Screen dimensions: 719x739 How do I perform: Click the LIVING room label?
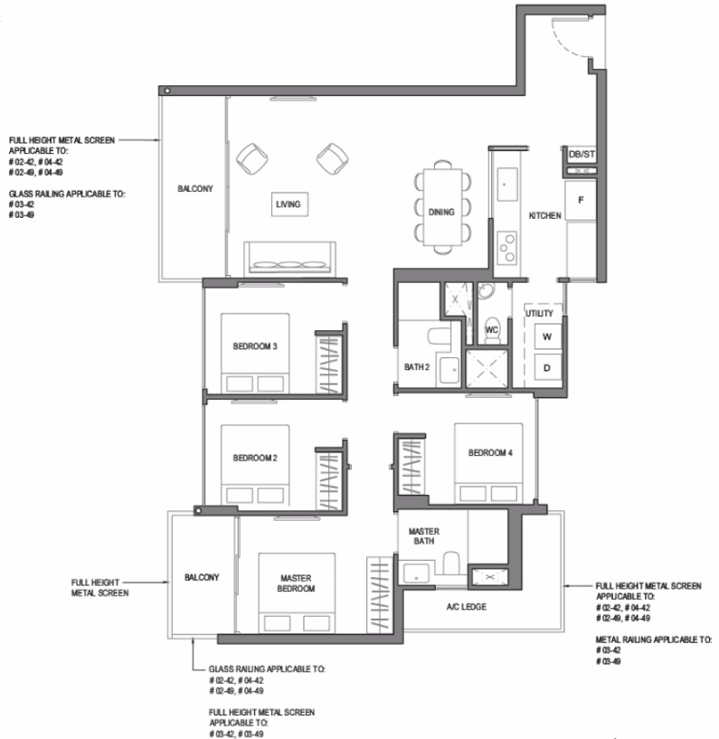tap(288, 204)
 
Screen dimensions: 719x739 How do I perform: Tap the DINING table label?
tap(441, 213)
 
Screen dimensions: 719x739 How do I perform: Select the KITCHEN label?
tap(544, 216)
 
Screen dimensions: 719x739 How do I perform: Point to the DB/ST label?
tap(582, 154)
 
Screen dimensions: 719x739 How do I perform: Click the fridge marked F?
tap(581, 200)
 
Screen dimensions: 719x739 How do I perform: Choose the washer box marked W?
tap(547, 336)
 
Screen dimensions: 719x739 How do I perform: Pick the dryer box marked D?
tap(547, 367)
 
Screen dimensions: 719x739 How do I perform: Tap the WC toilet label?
tap(491, 330)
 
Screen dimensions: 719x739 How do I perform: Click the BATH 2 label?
tap(417, 367)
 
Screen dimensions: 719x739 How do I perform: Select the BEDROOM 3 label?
tap(255, 346)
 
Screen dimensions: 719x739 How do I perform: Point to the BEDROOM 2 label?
tap(255, 458)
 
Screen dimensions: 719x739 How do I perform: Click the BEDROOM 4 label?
tap(490, 453)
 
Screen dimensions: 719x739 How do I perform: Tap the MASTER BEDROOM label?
tap(296, 583)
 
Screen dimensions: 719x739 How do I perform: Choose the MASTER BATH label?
tap(424, 536)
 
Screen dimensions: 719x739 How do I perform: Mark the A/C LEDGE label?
tap(467, 607)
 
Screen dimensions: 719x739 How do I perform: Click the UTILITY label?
tap(540, 314)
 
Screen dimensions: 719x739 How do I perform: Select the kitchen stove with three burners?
tap(507, 248)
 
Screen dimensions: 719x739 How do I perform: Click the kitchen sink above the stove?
tap(507, 185)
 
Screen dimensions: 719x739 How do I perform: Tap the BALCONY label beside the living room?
tap(195, 189)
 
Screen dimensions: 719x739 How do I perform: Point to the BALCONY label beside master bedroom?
tap(202, 578)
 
